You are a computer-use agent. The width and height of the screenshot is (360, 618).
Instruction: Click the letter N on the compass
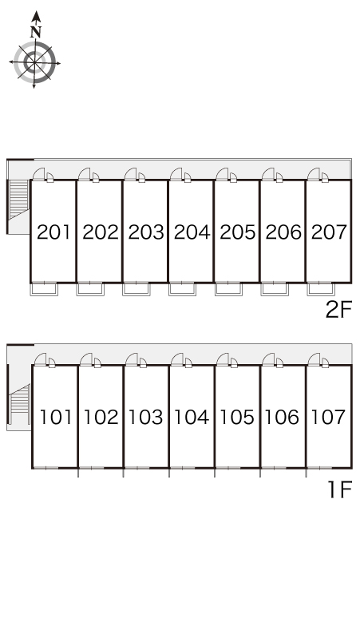(36, 31)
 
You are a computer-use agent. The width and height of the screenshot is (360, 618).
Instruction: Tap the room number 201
(53, 232)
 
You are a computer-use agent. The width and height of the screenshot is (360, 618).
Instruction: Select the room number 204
(192, 232)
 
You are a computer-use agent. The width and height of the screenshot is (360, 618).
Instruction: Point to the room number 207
(329, 232)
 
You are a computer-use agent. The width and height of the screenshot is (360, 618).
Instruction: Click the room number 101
(56, 417)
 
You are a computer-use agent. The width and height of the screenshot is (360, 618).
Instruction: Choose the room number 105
(237, 417)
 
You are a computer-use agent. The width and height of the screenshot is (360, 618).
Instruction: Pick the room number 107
(329, 417)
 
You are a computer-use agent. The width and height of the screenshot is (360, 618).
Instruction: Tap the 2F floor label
(338, 309)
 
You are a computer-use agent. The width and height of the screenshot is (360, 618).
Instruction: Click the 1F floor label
(339, 490)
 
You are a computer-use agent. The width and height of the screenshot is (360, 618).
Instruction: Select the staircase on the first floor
(20, 399)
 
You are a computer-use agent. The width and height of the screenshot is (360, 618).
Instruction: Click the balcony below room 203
(136, 289)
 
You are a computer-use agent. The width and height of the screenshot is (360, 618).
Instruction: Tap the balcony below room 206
(275, 289)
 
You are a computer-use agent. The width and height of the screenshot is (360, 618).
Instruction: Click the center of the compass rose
(34, 62)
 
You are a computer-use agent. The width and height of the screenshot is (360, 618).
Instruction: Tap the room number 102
(101, 417)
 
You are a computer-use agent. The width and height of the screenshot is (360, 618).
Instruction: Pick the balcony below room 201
(44, 289)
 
